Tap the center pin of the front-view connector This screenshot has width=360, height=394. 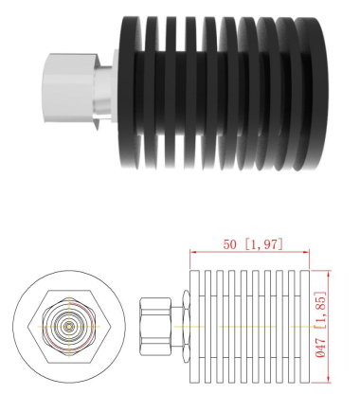click(x=69, y=326)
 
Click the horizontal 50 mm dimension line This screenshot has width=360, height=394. click(x=250, y=252)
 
